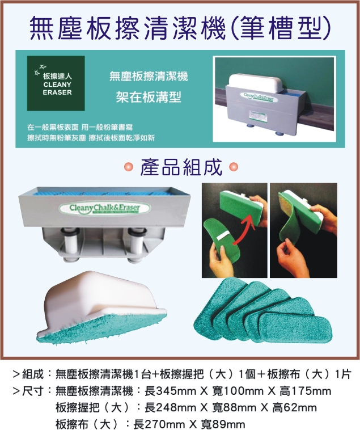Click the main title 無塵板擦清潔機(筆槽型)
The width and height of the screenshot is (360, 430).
(x=180, y=26)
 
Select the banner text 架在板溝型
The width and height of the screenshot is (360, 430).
(x=149, y=96)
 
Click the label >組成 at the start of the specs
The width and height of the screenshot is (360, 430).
(x=28, y=375)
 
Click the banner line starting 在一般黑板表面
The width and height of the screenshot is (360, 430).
(x=92, y=127)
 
